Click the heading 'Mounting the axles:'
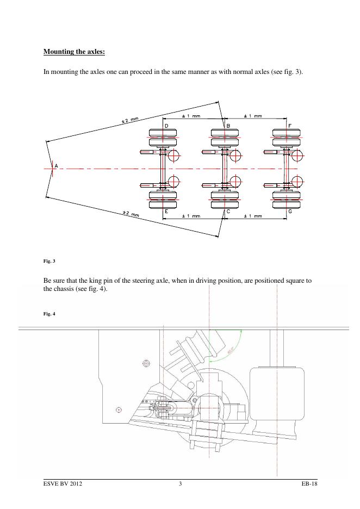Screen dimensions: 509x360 74,52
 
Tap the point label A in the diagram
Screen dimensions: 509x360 55,165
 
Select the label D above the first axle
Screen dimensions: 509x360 166,126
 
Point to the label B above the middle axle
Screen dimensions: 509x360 228,126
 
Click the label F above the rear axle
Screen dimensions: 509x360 290,126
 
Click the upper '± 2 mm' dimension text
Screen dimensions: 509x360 130,120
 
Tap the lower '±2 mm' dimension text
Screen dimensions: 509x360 131,214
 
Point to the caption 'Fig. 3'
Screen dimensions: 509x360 49,262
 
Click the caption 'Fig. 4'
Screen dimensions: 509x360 49,314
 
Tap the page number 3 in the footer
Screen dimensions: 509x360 180,484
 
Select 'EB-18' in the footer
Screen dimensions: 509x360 308,484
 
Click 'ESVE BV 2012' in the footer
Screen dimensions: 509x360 63,484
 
